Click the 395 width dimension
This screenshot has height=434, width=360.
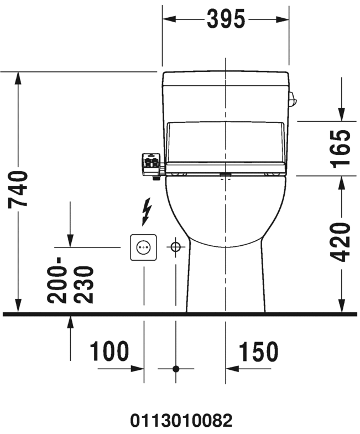(x=226, y=19)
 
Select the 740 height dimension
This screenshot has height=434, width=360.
(x=18, y=189)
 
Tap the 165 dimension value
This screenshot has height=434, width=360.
(x=341, y=148)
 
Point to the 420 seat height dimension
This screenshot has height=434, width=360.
(x=341, y=241)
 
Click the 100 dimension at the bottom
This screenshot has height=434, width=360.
(x=109, y=351)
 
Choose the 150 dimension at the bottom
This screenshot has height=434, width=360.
(x=259, y=351)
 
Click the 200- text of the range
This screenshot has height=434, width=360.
(x=57, y=280)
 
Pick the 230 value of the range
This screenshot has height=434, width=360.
(x=84, y=285)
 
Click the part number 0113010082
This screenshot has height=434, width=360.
(x=181, y=421)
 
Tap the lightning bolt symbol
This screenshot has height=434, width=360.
(x=146, y=211)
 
